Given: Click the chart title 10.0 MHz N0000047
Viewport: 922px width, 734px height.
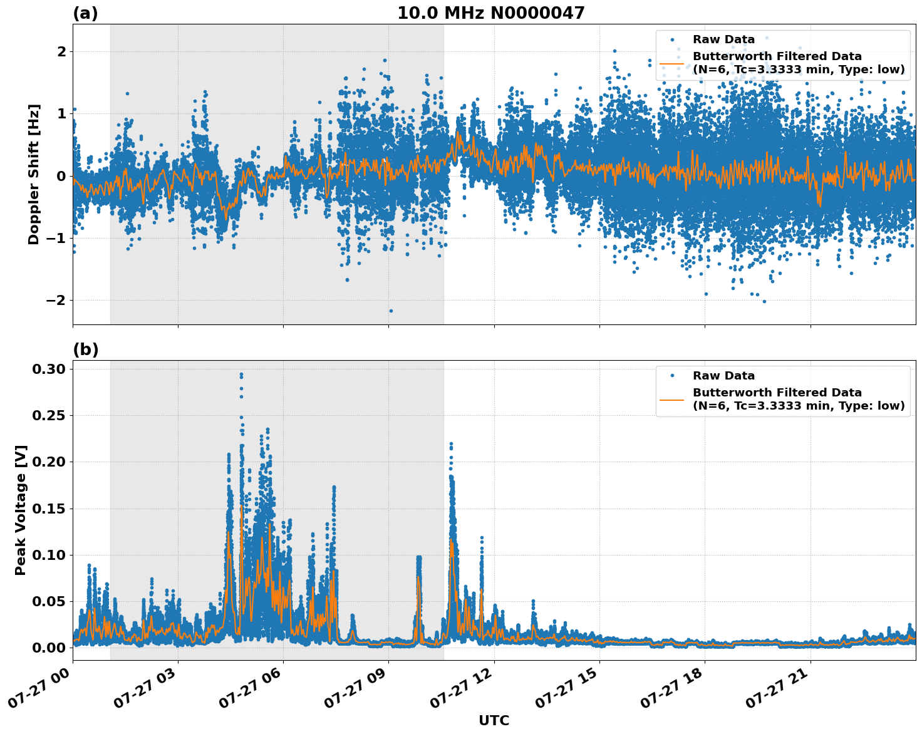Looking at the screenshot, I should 490,13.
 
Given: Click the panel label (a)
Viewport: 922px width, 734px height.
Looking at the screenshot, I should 85,13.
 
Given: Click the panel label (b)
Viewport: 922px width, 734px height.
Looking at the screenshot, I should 85,349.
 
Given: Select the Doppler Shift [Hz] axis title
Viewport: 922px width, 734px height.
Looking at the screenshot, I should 34,174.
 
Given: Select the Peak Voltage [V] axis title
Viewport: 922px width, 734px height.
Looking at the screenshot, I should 21,524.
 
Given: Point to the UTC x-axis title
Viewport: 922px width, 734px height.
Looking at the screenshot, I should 494,720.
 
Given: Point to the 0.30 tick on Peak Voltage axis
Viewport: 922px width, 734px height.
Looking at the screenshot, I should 49,370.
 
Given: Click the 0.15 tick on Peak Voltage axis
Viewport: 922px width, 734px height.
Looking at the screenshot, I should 49,509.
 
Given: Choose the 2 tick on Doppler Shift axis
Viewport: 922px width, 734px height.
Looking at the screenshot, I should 61,51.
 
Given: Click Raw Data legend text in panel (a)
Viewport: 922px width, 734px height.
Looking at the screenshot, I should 723,40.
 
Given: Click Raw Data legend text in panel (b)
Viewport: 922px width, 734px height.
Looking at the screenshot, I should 723,376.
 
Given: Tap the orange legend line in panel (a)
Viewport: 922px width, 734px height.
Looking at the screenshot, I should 672,63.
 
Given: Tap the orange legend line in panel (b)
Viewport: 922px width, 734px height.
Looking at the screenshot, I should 672,399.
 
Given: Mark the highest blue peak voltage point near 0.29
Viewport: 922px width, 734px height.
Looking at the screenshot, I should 241,375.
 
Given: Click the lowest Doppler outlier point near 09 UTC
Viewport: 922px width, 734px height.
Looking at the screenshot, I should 391,311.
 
